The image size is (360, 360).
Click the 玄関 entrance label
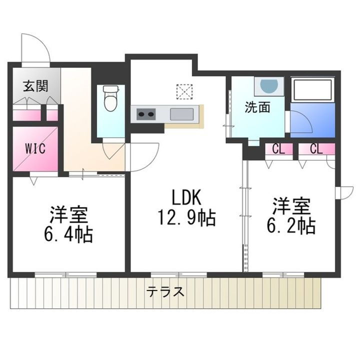pyautogui.click(x=35, y=86)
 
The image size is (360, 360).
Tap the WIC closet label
pyautogui.click(x=35, y=148)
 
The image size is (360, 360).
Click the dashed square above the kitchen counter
pyautogui.click(x=184, y=91)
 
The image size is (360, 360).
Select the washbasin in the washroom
pyautogui.click(x=268, y=85)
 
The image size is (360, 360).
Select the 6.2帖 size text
pyautogui.click(x=291, y=226)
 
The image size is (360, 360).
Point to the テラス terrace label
pyautogui.click(x=165, y=291)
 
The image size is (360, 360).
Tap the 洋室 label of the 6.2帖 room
pyautogui.click(x=291, y=205)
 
